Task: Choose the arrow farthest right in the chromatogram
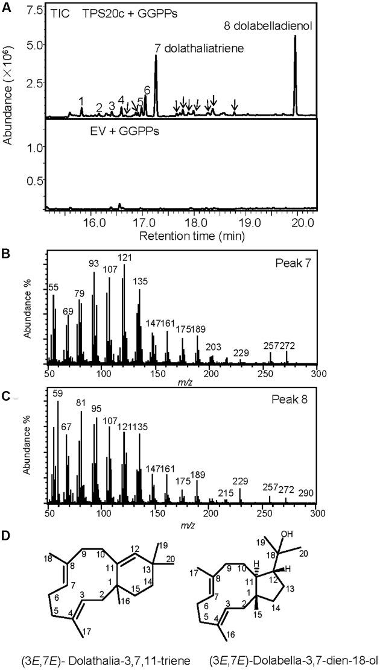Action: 235,104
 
